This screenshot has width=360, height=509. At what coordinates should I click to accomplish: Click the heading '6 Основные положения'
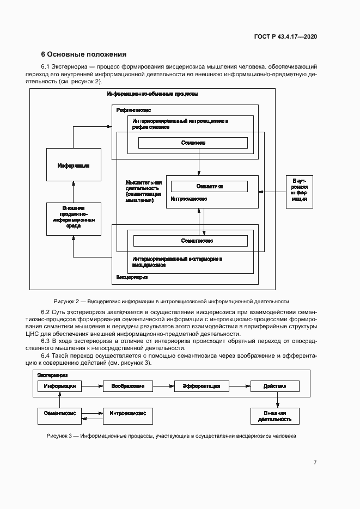coord(84,54)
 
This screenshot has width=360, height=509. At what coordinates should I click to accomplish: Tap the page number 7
coord(315,462)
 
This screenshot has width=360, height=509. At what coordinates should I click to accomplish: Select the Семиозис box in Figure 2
coord(193,143)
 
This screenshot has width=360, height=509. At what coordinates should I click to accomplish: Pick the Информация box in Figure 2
coord(74,165)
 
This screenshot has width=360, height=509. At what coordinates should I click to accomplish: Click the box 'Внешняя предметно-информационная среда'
coord(74,218)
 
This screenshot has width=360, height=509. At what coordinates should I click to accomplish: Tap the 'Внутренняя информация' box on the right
coord(300,192)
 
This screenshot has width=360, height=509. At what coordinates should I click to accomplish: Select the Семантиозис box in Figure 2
coord(190,240)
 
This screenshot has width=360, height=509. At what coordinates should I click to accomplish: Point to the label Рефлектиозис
coord(133,109)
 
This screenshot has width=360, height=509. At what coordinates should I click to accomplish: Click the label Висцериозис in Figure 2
coord(132,278)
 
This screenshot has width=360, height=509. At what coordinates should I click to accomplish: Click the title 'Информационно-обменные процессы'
coord(152,94)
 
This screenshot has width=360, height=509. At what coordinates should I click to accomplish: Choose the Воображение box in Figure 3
coord(128,386)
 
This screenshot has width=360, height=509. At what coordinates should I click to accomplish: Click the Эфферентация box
coord(197,386)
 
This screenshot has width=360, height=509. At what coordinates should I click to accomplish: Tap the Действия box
coord(274,386)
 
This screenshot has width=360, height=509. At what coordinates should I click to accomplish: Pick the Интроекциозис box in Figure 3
coord(127,414)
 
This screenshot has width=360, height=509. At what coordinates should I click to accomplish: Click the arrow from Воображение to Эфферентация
coord(163,386)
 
